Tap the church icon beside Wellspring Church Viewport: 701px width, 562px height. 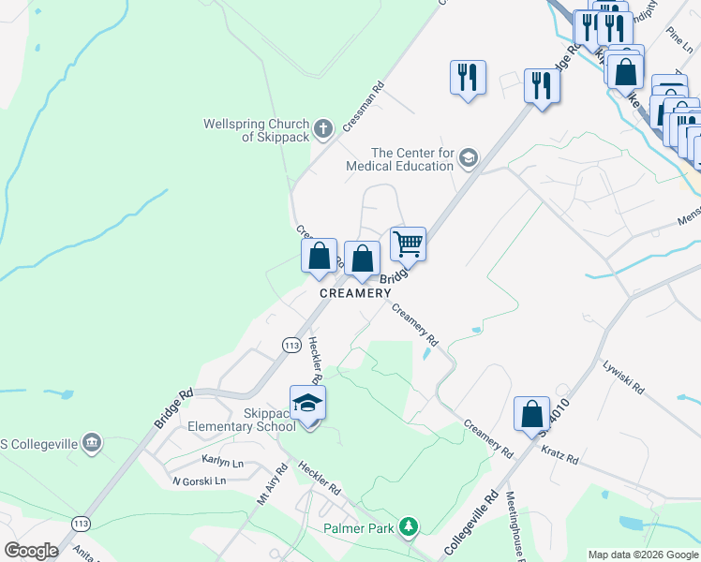pyautogui.click(x=322, y=128)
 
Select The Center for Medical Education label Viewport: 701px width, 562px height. pyautogui.click(x=412, y=159)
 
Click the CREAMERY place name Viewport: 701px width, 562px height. pyautogui.click(x=355, y=293)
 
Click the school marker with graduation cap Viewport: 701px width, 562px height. pyautogui.click(x=307, y=404)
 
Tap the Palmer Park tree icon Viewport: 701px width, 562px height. pyautogui.click(x=408, y=527)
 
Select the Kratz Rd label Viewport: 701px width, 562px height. pyautogui.click(x=559, y=457)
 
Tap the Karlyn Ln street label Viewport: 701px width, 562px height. pyautogui.click(x=222, y=461)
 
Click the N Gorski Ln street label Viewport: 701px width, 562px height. pyautogui.click(x=199, y=481)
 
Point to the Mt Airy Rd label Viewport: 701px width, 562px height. pyautogui.click(x=272, y=485)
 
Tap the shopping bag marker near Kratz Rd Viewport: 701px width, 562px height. pyautogui.click(x=531, y=415)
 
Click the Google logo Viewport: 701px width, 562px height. pyautogui.click(x=31, y=551)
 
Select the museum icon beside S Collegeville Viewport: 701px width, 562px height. pyautogui.click(x=91, y=442)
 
